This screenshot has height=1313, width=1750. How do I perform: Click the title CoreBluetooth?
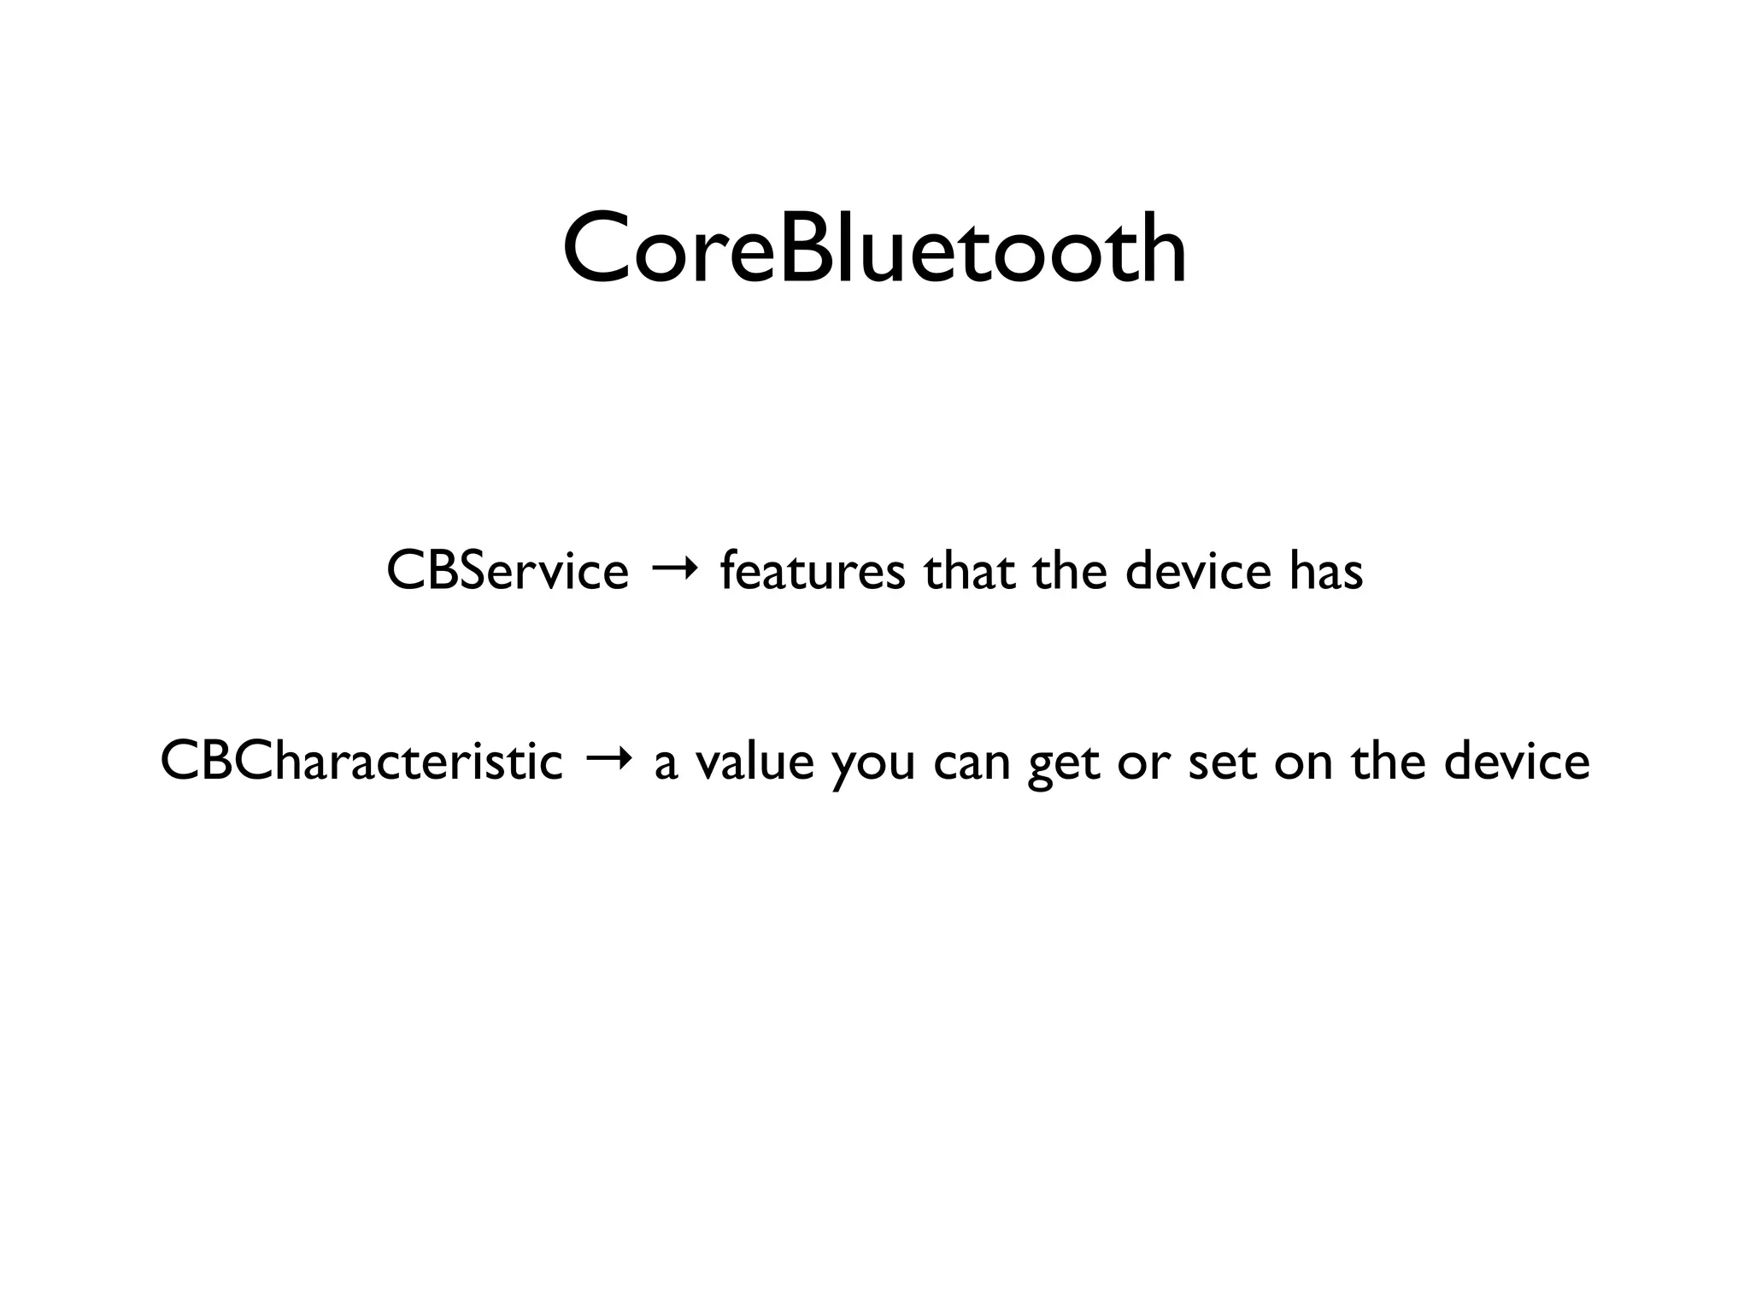[874, 249]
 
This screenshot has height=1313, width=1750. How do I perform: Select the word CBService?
[507, 570]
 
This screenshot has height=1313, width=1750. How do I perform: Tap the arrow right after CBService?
[674, 567]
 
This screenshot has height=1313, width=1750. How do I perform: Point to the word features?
[812, 570]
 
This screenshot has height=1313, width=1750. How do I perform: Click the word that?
[967, 570]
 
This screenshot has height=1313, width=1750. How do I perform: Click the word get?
[1062, 765]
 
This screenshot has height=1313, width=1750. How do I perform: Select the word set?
[1220, 762]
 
